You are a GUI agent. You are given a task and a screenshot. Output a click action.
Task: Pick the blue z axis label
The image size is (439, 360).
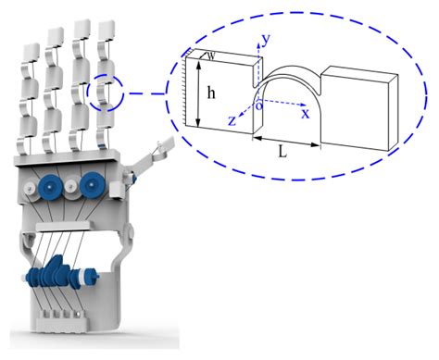(233, 118)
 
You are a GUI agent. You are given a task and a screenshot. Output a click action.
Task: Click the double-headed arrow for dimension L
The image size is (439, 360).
(286, 140)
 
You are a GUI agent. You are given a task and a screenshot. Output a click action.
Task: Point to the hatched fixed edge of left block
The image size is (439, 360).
(188, 93)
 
